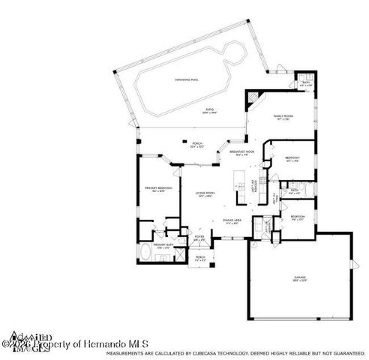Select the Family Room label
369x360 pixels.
pos(283,118)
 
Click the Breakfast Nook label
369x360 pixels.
pos(241,153)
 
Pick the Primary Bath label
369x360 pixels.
pos(163,245)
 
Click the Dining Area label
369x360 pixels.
pos(232,221)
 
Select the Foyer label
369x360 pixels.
pos(200,238)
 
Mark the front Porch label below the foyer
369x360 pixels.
pos(200,258)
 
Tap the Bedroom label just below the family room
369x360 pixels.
pos(292,157)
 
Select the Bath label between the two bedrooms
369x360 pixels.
pos(295,190)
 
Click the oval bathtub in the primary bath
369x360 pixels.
pos(145,255)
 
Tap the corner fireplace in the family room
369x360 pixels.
pos(252,97)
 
